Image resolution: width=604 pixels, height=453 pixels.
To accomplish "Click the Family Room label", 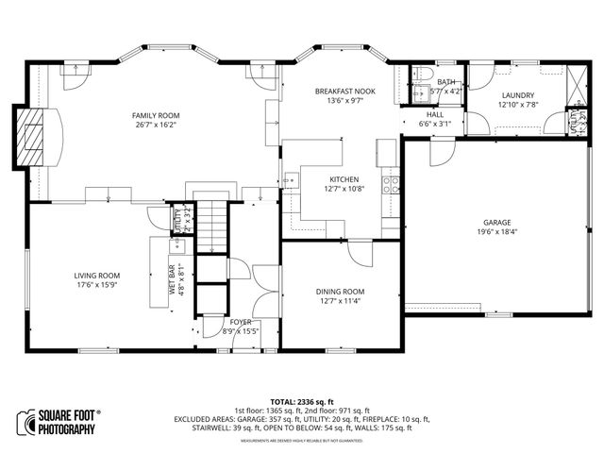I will pyautogui.click(x=156, y=113).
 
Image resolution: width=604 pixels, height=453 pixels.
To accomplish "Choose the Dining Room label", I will pyautogui.click(x=340, y=292).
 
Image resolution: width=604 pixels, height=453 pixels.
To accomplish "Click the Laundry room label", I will pyautogui.click(x=518, y=95).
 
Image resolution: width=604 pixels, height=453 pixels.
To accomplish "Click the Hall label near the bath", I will pyautogui.click(x=434, y=113).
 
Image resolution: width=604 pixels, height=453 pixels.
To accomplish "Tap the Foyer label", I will pyautogui.click(x=241, y=322).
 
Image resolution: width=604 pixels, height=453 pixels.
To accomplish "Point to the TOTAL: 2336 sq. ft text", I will pyautogui.click(x=302, y=401).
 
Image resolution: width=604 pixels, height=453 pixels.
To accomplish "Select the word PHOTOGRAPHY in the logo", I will pyautogui.click(x=67, y=430).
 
